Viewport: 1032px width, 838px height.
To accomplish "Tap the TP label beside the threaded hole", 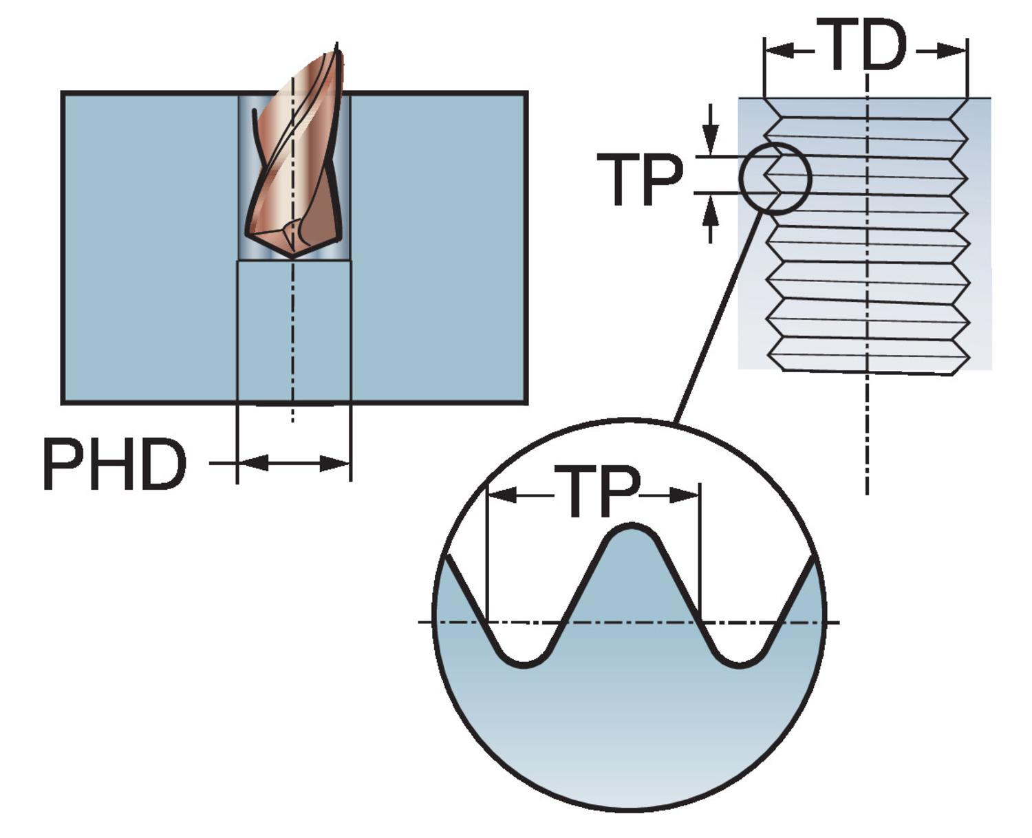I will [x=639, y=180].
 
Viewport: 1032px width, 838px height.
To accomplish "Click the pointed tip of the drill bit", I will [x=293, y=256].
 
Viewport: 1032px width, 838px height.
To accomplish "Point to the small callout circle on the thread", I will [x=775, y=179].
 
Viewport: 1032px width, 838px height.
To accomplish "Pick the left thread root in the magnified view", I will [x=524, y=662].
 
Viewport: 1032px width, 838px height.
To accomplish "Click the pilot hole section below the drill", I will [x=294, y=330].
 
